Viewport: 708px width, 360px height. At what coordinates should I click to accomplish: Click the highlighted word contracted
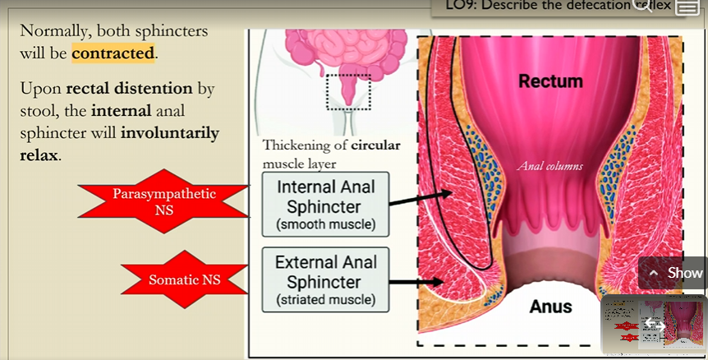point(113,53)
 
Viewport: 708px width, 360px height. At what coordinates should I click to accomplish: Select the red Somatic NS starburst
point(184,280)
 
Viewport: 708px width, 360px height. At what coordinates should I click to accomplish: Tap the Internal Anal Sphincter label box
point(326,205)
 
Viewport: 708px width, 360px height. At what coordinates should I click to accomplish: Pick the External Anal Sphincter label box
point(326,280)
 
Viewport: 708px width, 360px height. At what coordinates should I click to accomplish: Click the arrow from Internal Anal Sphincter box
point(420,197)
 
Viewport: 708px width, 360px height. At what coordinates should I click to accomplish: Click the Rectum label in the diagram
point(550,81)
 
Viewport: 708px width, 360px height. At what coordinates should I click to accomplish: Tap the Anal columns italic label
point(549,166)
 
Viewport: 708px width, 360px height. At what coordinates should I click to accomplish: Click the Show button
point(675,273)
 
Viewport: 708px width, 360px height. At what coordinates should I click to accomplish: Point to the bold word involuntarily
point(169,132)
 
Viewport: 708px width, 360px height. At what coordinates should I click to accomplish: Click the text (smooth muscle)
point(326,224)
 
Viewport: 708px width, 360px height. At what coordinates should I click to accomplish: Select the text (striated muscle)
point(326,300)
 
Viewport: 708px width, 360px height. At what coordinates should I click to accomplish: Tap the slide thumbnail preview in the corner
point(653,324)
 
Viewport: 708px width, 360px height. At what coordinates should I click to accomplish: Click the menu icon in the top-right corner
point(687,7)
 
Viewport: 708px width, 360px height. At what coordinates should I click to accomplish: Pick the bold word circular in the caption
point(375,145)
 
